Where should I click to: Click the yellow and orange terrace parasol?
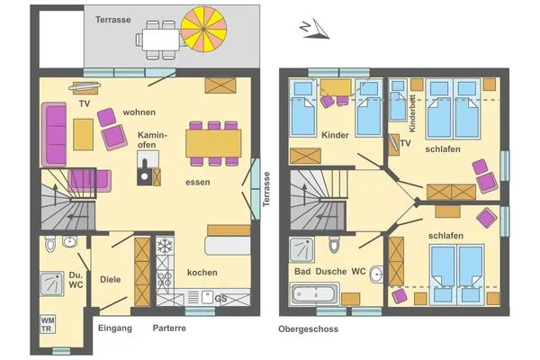[x=204, y=30]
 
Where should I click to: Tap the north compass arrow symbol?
[x=315, y=28]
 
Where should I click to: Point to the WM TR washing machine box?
[x=47, y=325]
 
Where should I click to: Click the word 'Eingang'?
[x=115, y=328]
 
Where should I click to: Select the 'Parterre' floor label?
[x=169, y=328]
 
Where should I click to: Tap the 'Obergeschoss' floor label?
[x=308, y=329]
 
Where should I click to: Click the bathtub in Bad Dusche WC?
[x=314, y=294]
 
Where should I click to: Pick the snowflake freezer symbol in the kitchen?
[x=165, y=246]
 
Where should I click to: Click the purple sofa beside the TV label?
[x=54, y=134]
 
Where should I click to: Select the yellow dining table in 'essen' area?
[x=213, y=143]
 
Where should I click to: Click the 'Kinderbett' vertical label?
[x=412, y=113]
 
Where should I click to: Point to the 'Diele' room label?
[x=111, y=279]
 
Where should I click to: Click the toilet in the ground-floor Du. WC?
[x=50, y=244]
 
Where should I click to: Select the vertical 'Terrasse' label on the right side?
[x=266, y=189]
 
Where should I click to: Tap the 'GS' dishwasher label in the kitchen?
[x=220, y=298]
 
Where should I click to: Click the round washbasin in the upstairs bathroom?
[x=377, y=274]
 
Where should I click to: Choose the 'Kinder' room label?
[x=335, y=135]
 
